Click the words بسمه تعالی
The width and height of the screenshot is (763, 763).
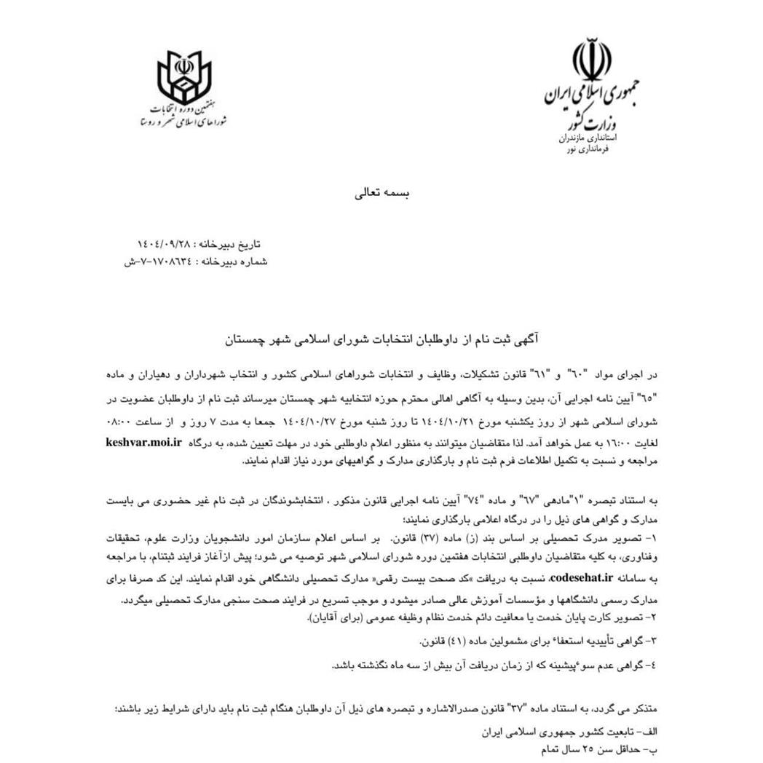click(x=381, y=194)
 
